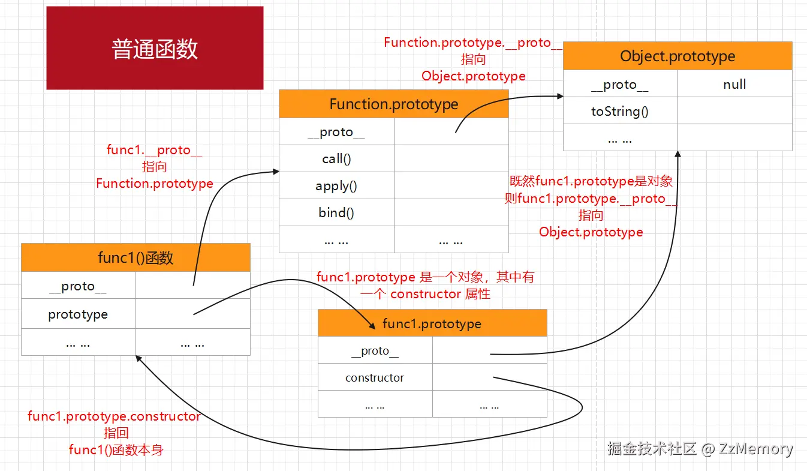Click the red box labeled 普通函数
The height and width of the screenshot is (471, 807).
tap(155, 48)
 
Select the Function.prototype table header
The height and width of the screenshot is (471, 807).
tap(393, 104)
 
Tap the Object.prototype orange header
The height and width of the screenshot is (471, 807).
tap(677, 56)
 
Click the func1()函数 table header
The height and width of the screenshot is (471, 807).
tap(135, 257)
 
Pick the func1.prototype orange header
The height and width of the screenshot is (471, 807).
tap(432, 323)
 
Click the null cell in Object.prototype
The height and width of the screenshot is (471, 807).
tap(734, 84)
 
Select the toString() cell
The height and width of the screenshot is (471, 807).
tap(620, 111)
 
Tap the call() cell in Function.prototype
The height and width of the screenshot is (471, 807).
tap(336, 159)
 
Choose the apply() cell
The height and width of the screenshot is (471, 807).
tap(336, 186)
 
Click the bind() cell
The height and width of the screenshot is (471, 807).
tap(336, 213)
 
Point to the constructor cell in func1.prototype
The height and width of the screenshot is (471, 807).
tap(375, 378)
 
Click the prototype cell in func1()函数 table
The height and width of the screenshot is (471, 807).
tap(78, 314)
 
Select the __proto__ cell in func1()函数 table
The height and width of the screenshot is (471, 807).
tap(78, 286)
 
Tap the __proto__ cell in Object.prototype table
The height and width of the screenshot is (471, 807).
tap(620, 85)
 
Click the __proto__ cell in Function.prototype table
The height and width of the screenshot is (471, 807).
tap(336, 133)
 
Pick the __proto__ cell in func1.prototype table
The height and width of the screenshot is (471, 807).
tap(375, 351)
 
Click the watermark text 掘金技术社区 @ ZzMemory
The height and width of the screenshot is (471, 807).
tap(700, 449)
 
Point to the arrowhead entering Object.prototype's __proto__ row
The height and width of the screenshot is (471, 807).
tap(560, 96)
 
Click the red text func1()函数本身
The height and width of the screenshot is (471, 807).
tap(116, 450)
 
